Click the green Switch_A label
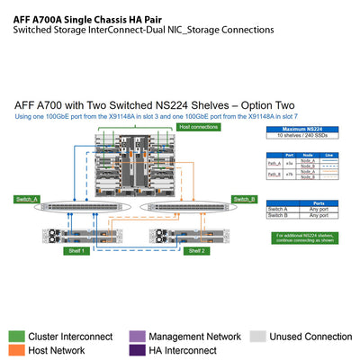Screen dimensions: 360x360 click(28, 199)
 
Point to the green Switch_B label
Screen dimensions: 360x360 click(244, 199)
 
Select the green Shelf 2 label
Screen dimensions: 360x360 click(196, 251)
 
